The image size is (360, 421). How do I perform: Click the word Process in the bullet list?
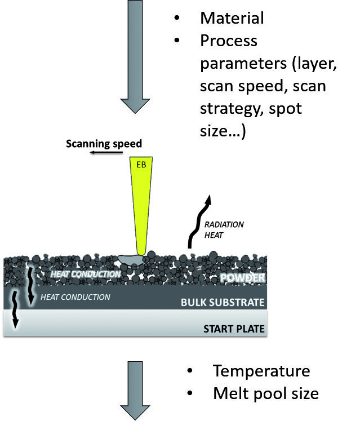pyautogui.click(x=228, y=41)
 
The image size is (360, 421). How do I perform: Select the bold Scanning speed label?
pyautogui.click(x=104, y=143)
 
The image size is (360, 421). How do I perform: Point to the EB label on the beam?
pyautogui.click(x=141, y=166)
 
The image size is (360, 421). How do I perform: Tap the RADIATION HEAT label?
pyautogui.click(x=224, y=229)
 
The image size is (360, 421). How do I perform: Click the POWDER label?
pyautogui.click(x=242, y=277)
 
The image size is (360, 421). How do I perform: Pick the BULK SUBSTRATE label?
pyautogui.click(x=222, y=303)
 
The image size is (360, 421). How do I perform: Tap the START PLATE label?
pyautogui.click(x=234, y=328)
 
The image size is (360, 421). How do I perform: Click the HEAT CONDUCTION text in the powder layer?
pyautogui.click(x=85, y=274)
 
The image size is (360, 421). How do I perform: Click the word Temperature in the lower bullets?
pyautogui.click(x=261, y=371)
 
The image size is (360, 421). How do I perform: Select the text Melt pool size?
pyautogui.click(x=265, y=393)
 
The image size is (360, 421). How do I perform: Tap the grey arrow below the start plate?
pyautogui.click(x=135, y=389)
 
